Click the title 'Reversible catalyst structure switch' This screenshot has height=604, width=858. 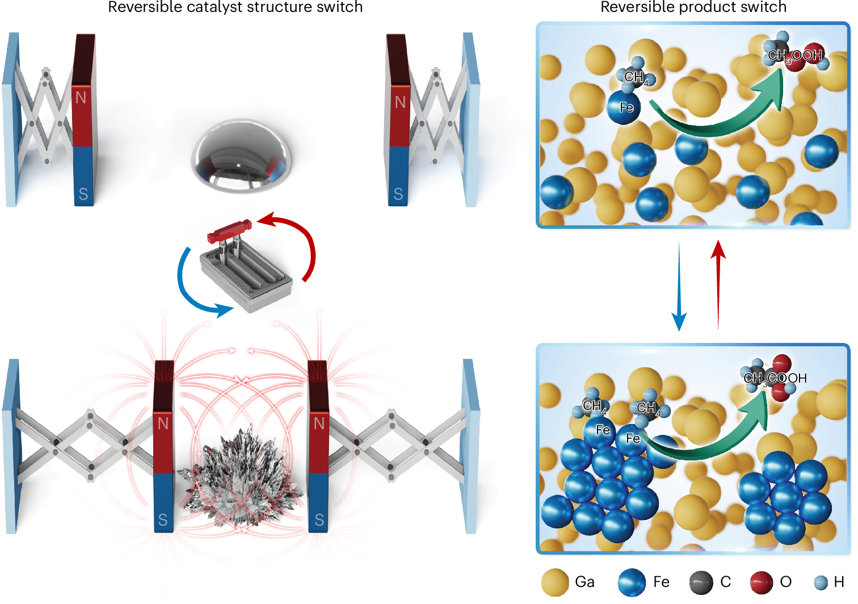click(x=235, y=7)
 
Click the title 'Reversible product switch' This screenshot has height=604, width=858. click(x=693, y=7)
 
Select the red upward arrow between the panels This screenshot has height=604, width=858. click(x=718, y=284)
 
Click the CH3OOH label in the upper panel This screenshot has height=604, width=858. click(x=794, y=56)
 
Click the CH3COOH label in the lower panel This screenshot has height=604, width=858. click(x=775, y=378)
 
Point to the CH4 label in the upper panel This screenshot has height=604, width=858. click(x=635, y=77)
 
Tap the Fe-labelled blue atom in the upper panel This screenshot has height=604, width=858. click(x=624, y=107)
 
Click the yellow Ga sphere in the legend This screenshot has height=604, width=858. click(x=555, y=582)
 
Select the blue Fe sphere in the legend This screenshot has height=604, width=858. click(x=632, y=582)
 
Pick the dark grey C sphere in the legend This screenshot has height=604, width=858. click(x=701, y=582)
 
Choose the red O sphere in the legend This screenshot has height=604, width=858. click(x=761, y=582)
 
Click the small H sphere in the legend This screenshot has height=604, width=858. click(x=821, y=582)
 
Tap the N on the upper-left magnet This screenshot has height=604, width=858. click(x=81, y=98)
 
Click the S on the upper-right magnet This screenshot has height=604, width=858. click(x=398, y=194)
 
